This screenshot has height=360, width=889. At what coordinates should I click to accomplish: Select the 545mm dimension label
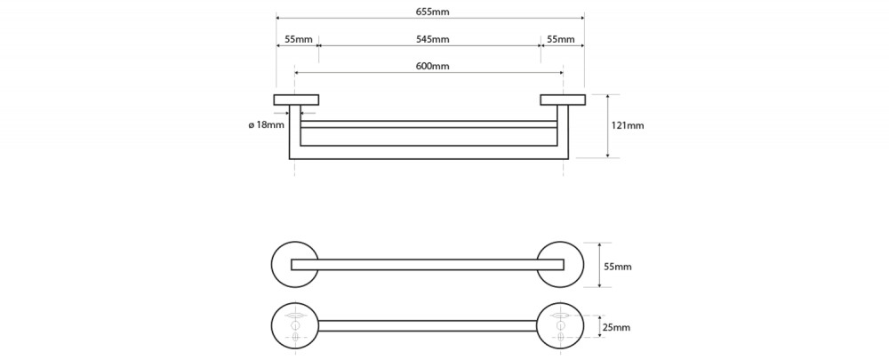431,39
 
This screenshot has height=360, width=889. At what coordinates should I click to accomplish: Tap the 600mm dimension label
432,66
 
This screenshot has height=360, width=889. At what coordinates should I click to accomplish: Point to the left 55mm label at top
298,39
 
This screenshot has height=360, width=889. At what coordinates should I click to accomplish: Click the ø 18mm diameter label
267,124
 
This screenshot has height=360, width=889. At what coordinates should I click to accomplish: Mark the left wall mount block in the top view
296,100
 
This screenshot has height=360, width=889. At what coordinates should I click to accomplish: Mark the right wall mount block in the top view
563,100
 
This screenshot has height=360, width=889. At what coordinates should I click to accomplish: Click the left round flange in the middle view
273,265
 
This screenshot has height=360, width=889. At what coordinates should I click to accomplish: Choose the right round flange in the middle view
582,265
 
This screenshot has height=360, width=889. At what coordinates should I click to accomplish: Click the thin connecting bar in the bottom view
428,326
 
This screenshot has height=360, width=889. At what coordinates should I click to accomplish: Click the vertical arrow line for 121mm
608,126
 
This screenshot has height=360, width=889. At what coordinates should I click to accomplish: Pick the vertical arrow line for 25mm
600,326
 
